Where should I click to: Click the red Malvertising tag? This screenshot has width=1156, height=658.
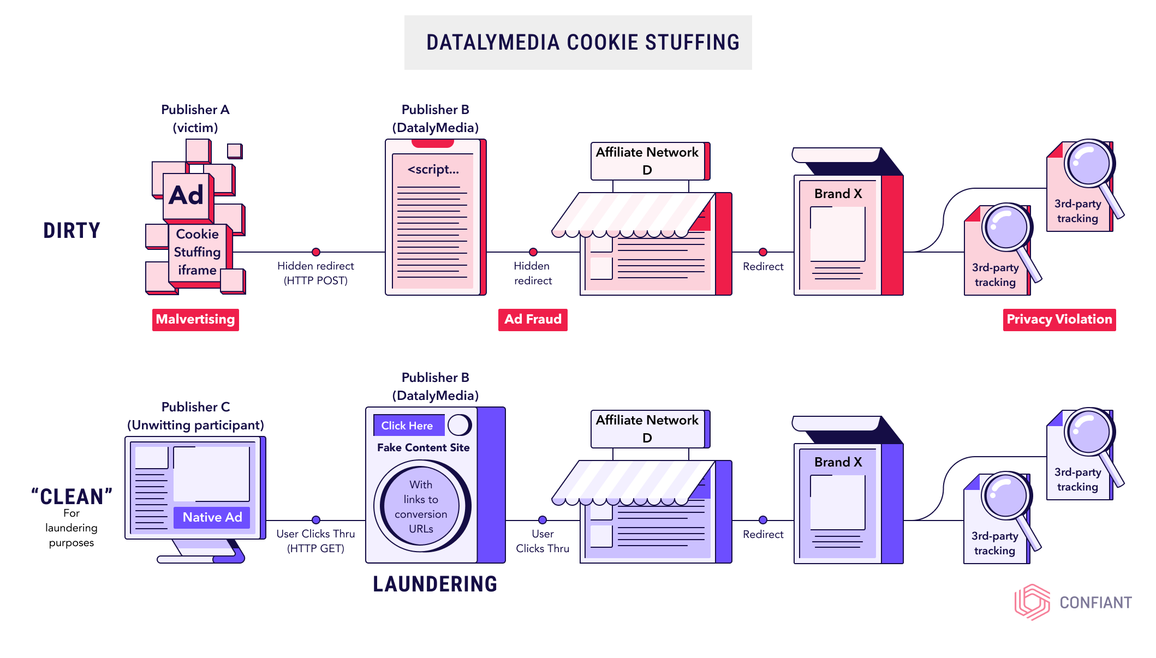pyautogui.click(x=195, y=319)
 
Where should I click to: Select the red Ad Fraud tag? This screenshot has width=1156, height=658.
pyautogui.click(x=533, y=319)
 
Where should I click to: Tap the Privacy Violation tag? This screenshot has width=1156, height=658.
pyautogui.click(x=1059, y=319)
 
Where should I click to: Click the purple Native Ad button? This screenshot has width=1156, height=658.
pyautogui.click(x=212, y=517)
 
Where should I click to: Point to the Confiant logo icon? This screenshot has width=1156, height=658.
pyautogui.click(x=1032, y=602)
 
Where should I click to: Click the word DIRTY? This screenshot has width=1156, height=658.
pyautogui.click(x=72, y=230)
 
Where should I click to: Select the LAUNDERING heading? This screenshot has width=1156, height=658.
pyautogui.click(x=435, y=584)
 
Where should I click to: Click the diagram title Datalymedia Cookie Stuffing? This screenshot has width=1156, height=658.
pyautogui.click(x=583, y=43)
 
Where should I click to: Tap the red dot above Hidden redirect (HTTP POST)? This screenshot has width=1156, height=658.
pyautogui.click(x=316, y=252)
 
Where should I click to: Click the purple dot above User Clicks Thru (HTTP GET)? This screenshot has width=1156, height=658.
pyautogui.click(x=316, y=520)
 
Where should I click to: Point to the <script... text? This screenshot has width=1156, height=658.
pyautogui.click(x=433, y=170)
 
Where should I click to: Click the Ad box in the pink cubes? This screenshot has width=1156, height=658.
pyautogui.click(x=186, y=195)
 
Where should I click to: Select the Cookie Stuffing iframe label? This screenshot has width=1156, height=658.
pyautogui.click(x=197, y=252)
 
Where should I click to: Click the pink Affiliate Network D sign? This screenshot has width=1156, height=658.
pyautogui.click(x=648, y=161)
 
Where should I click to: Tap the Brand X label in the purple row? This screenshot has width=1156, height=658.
pyautogui.click(x=838, y=462)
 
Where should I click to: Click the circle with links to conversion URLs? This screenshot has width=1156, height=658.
pyautogui.click(x=421, y=506)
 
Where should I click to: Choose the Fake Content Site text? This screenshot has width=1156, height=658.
pyautogui.click(x=423, y=447)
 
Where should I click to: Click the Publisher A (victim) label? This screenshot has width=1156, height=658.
pyautogui.click(x=195, y=118)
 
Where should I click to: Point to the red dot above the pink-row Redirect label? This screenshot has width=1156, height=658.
pyautogui.click(x=763, y=252)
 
